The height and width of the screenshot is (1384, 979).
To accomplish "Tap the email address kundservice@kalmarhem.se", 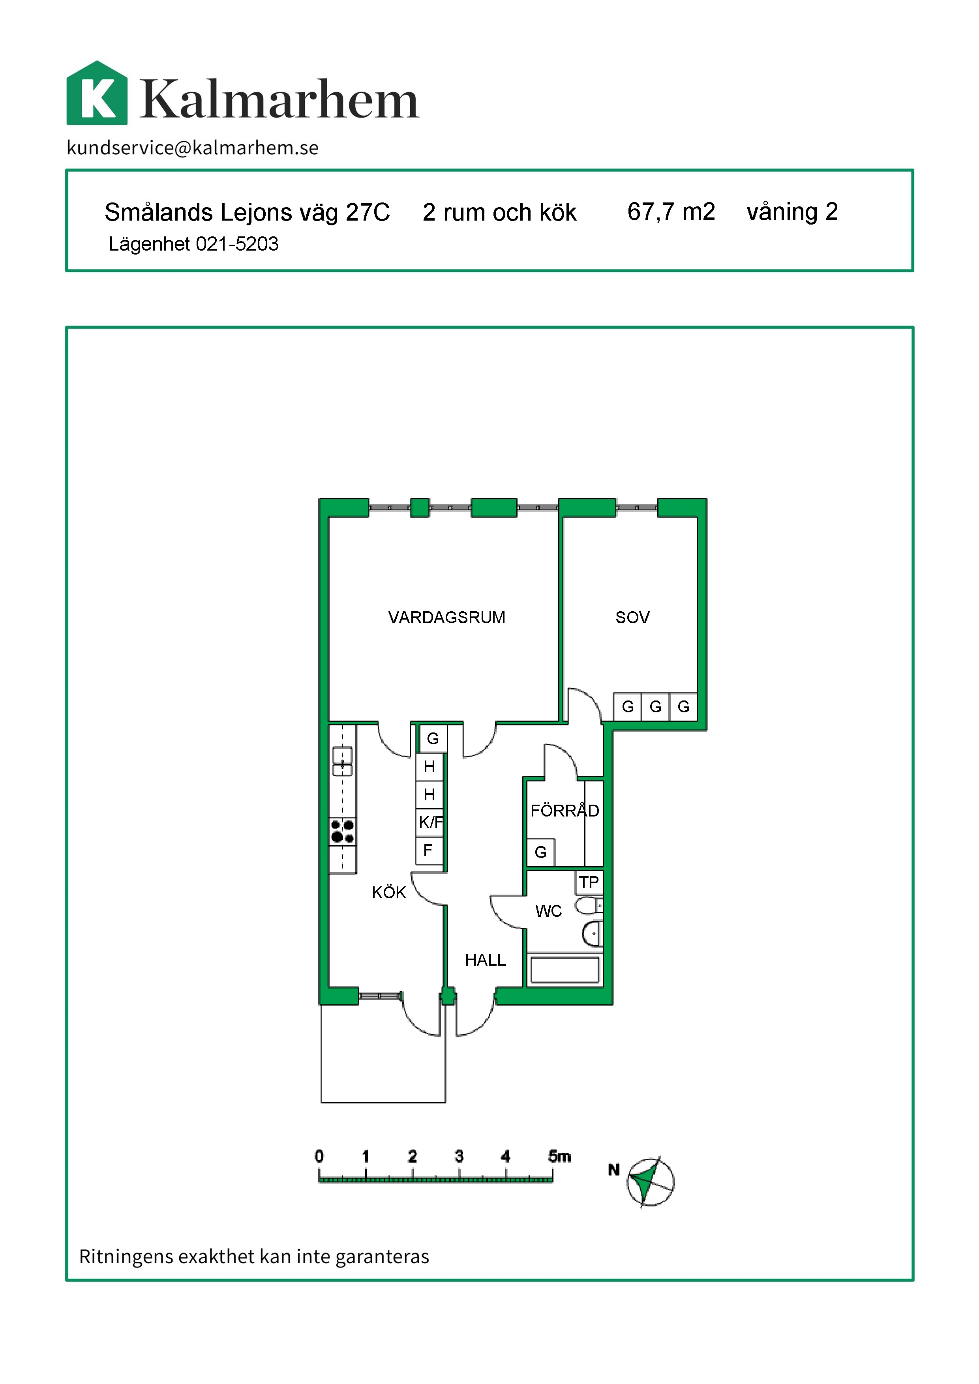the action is click(192, 148).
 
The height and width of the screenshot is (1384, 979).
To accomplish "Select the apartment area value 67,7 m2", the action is click(671, 212).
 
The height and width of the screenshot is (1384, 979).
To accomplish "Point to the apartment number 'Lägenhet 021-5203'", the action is click(193, 244).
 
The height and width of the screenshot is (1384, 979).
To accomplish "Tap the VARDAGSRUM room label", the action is click(447, 617).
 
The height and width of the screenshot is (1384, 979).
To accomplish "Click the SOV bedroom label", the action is click(632, 617).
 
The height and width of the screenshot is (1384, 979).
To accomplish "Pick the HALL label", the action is click(485, 960).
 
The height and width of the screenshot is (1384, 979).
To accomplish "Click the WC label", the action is click(549, 911).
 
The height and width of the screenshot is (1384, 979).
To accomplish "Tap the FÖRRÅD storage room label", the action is click(565, 810).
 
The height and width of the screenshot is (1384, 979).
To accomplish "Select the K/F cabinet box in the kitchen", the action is click(430, 822).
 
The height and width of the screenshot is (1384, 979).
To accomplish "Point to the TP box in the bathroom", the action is click(589, 882).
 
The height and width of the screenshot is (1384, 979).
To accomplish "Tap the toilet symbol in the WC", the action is click(588, 905).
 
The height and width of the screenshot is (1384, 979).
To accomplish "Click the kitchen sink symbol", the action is click(342, 762).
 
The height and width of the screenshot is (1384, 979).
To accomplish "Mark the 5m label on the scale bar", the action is click(559, 1156).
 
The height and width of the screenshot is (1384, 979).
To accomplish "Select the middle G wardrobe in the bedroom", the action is click(655, 706).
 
